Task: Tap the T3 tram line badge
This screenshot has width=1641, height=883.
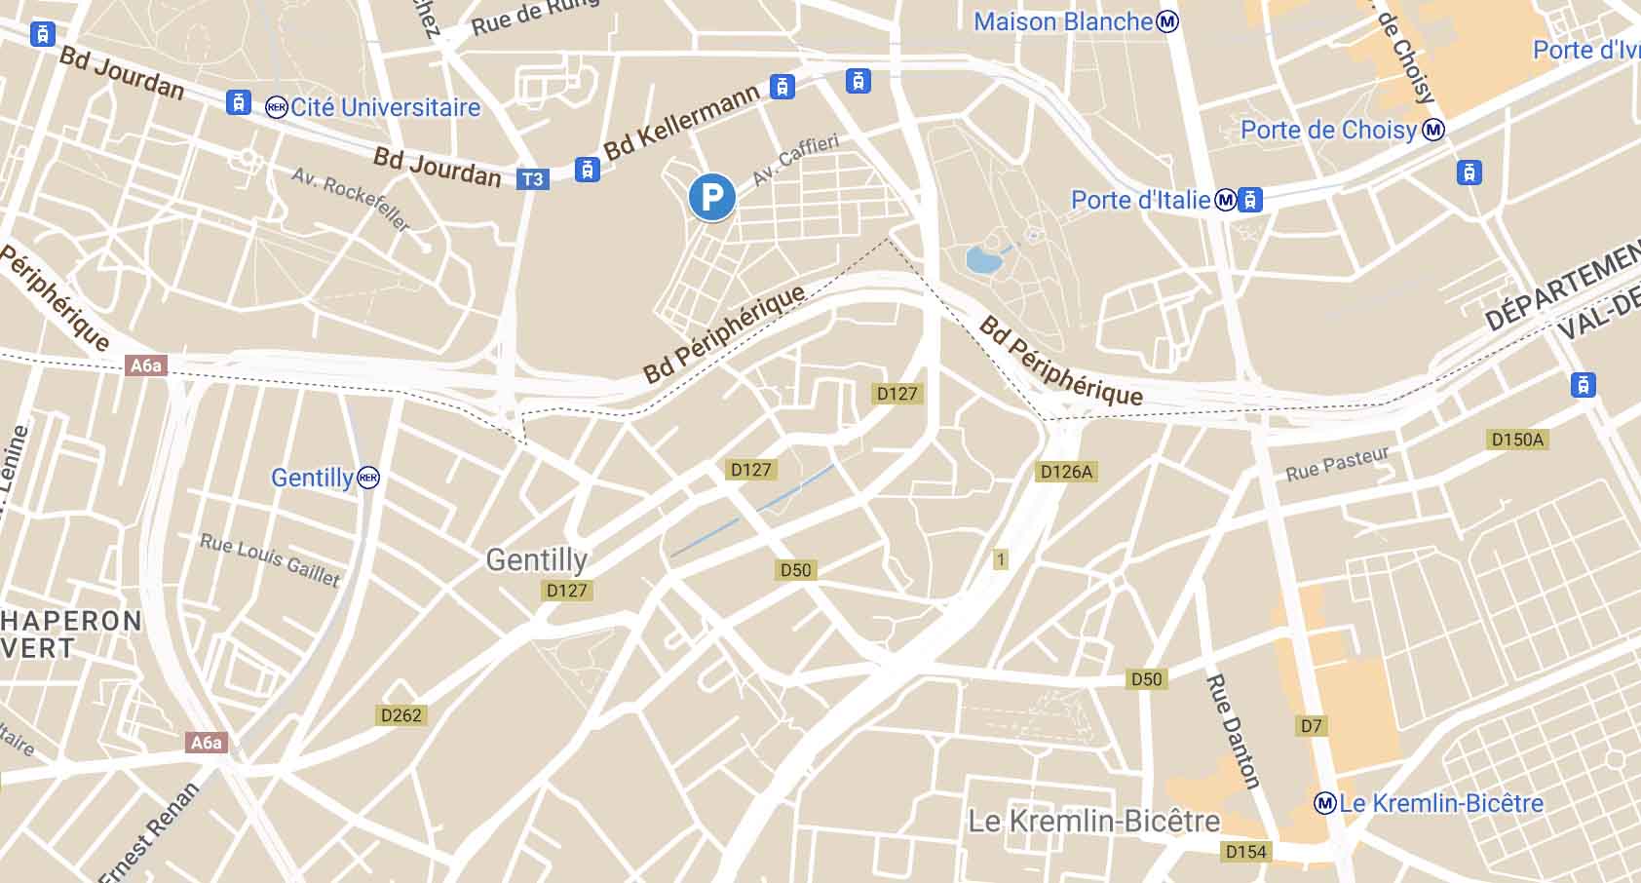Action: (532, 179)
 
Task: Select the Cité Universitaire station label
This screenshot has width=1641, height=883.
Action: (384, 107)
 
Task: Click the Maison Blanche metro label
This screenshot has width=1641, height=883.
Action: (1063, 21)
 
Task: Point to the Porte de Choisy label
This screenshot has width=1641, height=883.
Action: (1328, 130)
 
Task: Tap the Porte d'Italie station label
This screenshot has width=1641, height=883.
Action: (1140, 200)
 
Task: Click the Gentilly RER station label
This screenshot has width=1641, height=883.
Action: (312, 478)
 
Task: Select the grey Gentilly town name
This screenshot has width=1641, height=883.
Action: (536, 559)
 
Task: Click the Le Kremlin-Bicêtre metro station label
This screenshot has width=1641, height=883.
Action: (1440, 804)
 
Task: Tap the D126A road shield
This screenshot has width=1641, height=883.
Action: (1066, 472)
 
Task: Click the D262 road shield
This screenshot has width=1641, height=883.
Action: (401, 715)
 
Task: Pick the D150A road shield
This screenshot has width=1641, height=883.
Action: (1517, 440)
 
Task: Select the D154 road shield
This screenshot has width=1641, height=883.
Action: (1245, 852)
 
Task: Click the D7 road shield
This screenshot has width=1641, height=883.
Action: (1312, 725)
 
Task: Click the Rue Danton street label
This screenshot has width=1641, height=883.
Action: (1233, 731)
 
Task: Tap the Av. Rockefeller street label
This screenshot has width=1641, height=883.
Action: (351, 199)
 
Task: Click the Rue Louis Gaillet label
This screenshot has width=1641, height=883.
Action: (270, 560)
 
